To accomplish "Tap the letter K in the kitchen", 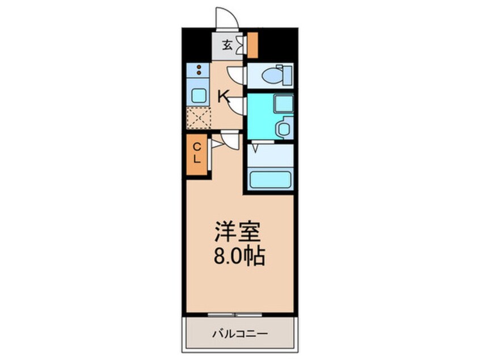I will [x=224, y=97].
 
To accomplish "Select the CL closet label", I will [x=196, y=153].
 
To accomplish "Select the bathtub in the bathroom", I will [x=270, y=178].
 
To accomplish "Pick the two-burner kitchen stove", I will [x=199, y=70].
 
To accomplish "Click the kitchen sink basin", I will [x=198, y=95].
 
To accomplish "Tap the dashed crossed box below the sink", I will [x=199, y=118].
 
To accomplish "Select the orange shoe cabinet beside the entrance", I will [x=252, y=45].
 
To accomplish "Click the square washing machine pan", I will [x=282, y=104].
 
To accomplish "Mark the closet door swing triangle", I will [x=216, y=145].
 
